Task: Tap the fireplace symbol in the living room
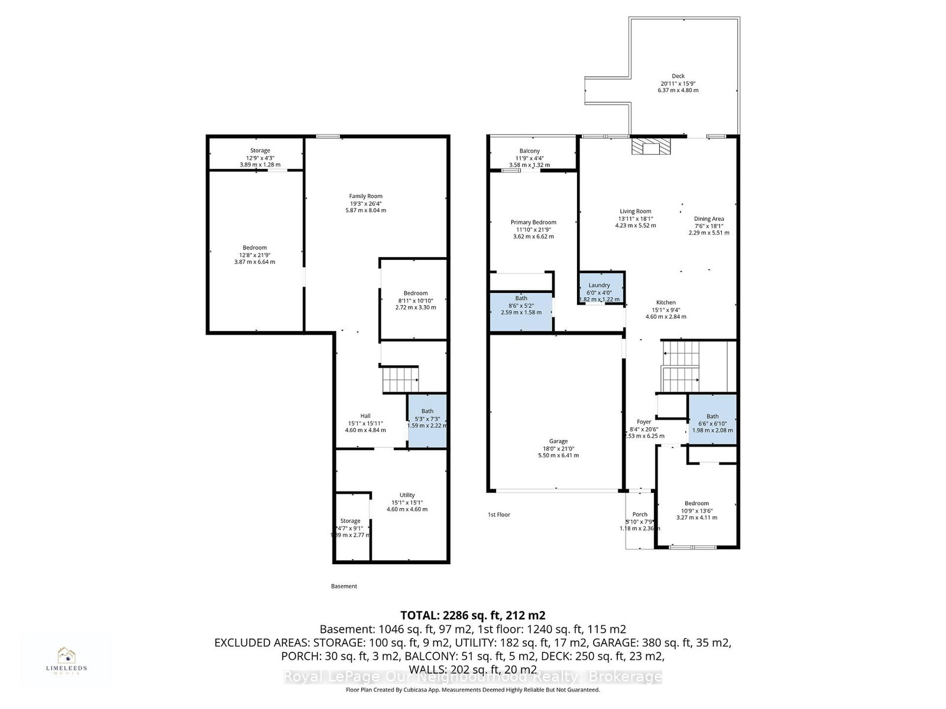pos(650,147)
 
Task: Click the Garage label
pos(558,441)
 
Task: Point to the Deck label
pos(678,76)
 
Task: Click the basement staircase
pos(400,379)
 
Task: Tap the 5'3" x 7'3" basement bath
pos(427,420)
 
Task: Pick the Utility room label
pos(407,495)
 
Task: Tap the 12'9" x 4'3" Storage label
pos(260,151)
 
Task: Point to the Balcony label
pos(530,152)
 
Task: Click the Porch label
pos(640,515)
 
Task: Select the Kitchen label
pos(666,303)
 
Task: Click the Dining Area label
pos(709,219)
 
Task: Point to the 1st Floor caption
pos(499,515)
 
